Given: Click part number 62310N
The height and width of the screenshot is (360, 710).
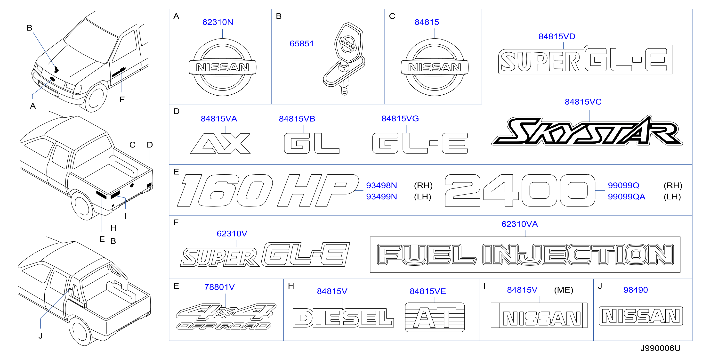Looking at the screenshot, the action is pyautogui.click(x=218, y=22).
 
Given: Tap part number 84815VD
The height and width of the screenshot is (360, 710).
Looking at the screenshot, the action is pyautogui.click(x=557, y=36).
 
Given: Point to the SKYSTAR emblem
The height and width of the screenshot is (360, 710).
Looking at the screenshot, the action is pyautogui.click(x=587, y=130).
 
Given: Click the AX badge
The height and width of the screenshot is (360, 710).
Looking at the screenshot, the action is pyautogui.click(x=220, y=143).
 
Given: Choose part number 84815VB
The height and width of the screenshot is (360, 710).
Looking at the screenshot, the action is pyautogui.click(x=297, y=119).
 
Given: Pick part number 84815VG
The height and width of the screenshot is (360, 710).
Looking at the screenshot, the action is pyautogui.click(x=400, y=119).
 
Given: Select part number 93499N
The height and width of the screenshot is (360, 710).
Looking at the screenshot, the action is pyautogui.click(x=381, y=197).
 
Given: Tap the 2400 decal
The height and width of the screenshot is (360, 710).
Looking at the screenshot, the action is pyautogui.click(x=520, y=190).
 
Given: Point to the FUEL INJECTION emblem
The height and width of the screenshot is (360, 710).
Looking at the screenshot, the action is pyautogui.click(x=525, y=254).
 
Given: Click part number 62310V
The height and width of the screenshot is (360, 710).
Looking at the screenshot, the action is pyautogui.click(x=232, y=234).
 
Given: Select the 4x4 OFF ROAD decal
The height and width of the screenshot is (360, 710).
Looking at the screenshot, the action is pyautogui.click(x=226, y=316).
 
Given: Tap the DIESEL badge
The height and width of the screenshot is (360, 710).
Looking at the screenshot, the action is pyautogui.click(x=343, y=318).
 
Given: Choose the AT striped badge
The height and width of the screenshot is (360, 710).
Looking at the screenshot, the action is pyautogui.click(x=435, y=317).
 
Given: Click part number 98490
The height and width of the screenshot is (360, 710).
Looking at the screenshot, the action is pyautogui.click(x=636, y=290).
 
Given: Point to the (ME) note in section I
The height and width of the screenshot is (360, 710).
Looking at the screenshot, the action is pyautogui.click(x=564, y=290).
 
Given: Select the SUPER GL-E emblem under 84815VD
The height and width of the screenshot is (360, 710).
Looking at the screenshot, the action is pyautogui.click(x=585, y=59).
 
